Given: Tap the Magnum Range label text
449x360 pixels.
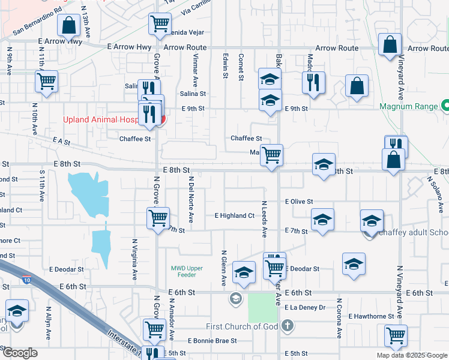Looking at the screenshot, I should [409, 107].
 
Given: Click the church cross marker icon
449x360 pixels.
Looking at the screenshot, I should [288, 326].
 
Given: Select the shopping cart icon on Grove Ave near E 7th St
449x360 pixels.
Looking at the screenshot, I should [158, 218].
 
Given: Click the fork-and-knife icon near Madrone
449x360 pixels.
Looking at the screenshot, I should [313, 83].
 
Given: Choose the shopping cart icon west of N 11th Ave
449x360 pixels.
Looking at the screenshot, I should [46, 82].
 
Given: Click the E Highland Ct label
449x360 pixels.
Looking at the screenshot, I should [235, 215].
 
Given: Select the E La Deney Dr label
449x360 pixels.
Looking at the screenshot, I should [305, 307].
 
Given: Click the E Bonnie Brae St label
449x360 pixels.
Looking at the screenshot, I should [212, 340].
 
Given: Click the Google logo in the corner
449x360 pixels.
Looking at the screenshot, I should [20, 353].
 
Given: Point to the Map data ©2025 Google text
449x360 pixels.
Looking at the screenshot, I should [411, 355].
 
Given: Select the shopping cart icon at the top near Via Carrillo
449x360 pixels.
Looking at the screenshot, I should [160, 25].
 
